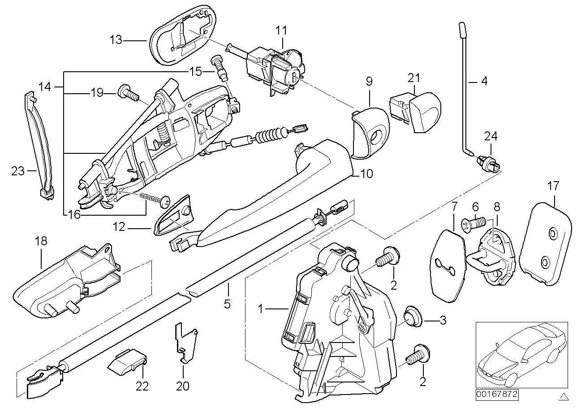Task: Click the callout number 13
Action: tap(116, 40)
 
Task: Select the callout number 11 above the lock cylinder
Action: tap(281, 30)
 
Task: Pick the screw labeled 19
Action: tap(127, 93)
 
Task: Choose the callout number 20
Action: tap(183, 386)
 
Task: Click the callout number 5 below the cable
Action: tap(227, 304)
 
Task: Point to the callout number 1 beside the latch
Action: tap(263, 309)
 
